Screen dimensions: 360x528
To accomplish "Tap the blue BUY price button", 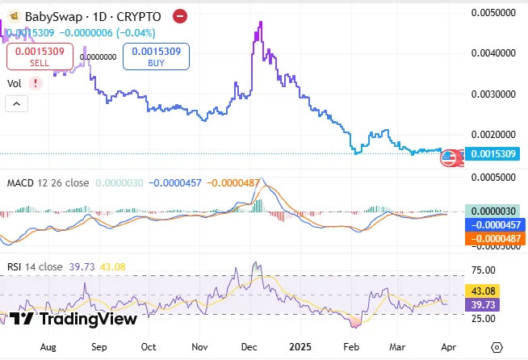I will (157, 56).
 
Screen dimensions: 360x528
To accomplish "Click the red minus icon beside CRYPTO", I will (181, 16).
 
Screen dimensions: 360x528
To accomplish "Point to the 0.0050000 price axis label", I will (493, 13).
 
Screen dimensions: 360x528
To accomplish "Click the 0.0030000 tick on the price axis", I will (493, 94).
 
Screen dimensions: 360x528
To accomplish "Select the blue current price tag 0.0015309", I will (493, 153).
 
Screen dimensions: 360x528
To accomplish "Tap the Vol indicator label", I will (15, 83).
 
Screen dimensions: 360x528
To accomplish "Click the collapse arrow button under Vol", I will (16, 103).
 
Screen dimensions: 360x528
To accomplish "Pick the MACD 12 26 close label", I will (48, 183).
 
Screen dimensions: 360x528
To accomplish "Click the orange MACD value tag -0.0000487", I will (493, 239).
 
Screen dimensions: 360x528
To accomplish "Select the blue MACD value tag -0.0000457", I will (493, 224).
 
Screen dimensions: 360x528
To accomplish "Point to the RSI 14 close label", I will (35, 266).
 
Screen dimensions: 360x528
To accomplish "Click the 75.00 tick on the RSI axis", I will (484, 271).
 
